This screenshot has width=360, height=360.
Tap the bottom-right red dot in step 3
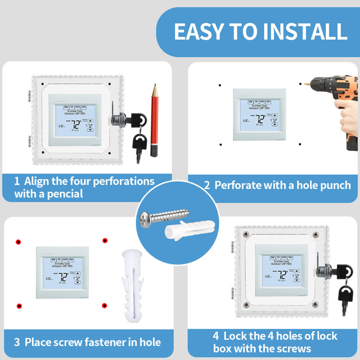(x=104, y=306)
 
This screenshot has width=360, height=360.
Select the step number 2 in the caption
(x=207, y=186)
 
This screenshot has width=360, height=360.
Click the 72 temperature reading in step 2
(x=261, y=120)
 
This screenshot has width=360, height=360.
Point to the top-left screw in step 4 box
(x=246, y=234)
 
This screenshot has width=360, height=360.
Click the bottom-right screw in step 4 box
(x=315, y=305)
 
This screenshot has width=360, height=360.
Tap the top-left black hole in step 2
(x=220, y=85)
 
